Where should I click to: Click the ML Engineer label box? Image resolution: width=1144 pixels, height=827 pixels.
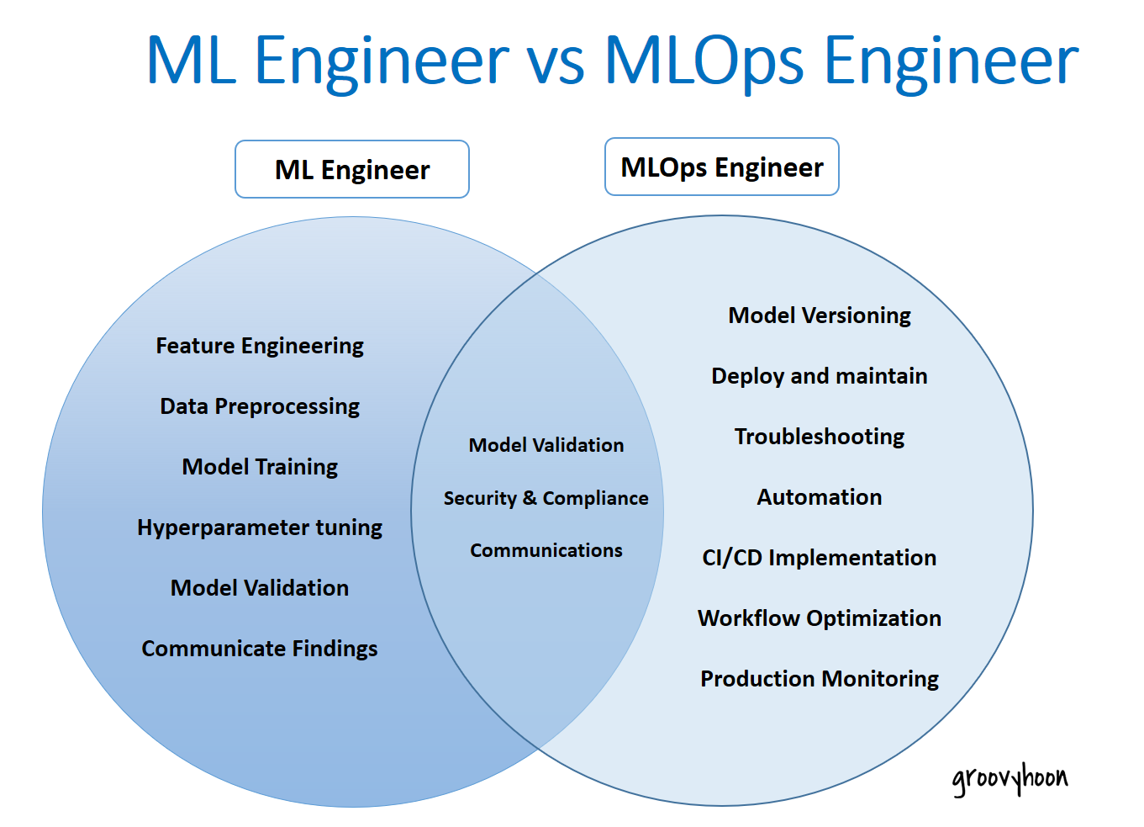pos(351,170)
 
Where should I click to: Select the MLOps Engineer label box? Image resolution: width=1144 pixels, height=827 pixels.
pos(721,167)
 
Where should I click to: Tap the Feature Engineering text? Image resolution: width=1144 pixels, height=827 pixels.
pos(260,346)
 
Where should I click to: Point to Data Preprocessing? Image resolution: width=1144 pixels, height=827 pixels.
pos(260,406)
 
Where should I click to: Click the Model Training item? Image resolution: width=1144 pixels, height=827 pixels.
pos(260,467)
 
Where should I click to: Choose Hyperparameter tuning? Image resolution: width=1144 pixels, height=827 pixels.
pos(260,527)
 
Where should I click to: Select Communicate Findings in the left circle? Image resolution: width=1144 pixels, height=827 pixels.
pos(260,649)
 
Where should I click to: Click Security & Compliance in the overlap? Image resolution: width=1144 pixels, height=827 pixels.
pos(546,498)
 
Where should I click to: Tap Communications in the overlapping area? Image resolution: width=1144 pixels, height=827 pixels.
pos(546,550)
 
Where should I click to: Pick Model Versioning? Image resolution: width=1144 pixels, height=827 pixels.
pos(819,315)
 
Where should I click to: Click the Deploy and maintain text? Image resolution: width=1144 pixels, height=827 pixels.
pos(819,376)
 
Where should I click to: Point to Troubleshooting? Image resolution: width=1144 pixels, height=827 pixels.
pos(819,437)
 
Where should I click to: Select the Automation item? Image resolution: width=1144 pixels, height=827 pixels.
pos(819,497)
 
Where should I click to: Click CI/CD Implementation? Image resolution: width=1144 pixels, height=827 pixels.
pos(819,558)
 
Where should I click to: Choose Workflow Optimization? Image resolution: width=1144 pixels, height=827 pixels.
pos(819,618)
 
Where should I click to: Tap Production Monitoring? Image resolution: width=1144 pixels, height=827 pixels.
pos(819,679)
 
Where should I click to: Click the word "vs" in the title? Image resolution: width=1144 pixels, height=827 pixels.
pos(556,62)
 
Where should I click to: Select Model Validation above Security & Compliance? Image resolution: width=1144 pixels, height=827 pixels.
pos(546,445)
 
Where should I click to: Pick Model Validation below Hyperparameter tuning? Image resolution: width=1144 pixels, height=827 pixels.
pos(260,588)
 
